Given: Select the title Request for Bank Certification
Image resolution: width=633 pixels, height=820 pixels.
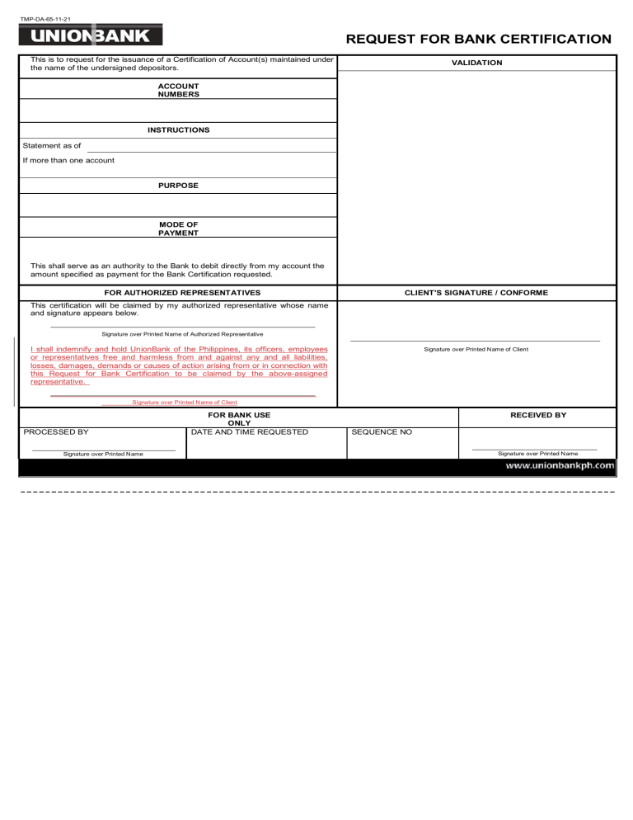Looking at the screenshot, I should (478, 39).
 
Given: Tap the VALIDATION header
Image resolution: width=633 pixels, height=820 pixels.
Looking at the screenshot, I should (476, 63).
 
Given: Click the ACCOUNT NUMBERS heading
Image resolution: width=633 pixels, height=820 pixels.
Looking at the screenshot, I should (178, 90).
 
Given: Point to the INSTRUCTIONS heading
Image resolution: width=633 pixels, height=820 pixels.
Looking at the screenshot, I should (178, 130).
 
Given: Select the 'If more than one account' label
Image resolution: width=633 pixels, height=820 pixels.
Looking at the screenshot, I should (68, 160).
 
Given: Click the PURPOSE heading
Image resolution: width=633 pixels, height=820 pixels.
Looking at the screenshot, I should (178, 186).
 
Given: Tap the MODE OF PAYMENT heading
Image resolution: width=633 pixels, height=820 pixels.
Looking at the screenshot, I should (178, 228).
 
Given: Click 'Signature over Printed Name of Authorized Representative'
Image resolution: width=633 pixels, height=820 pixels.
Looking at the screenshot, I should (181, 334).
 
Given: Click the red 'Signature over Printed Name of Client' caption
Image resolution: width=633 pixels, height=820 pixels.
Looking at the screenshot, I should (184, 402).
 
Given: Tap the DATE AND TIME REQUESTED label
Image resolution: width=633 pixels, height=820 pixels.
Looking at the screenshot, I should (249, 431).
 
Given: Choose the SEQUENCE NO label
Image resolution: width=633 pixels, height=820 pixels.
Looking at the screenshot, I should (382, 431).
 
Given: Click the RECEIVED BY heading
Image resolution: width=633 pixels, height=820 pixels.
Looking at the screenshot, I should (537, 415).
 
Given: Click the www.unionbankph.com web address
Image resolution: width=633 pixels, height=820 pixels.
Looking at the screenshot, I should (560, 465).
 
